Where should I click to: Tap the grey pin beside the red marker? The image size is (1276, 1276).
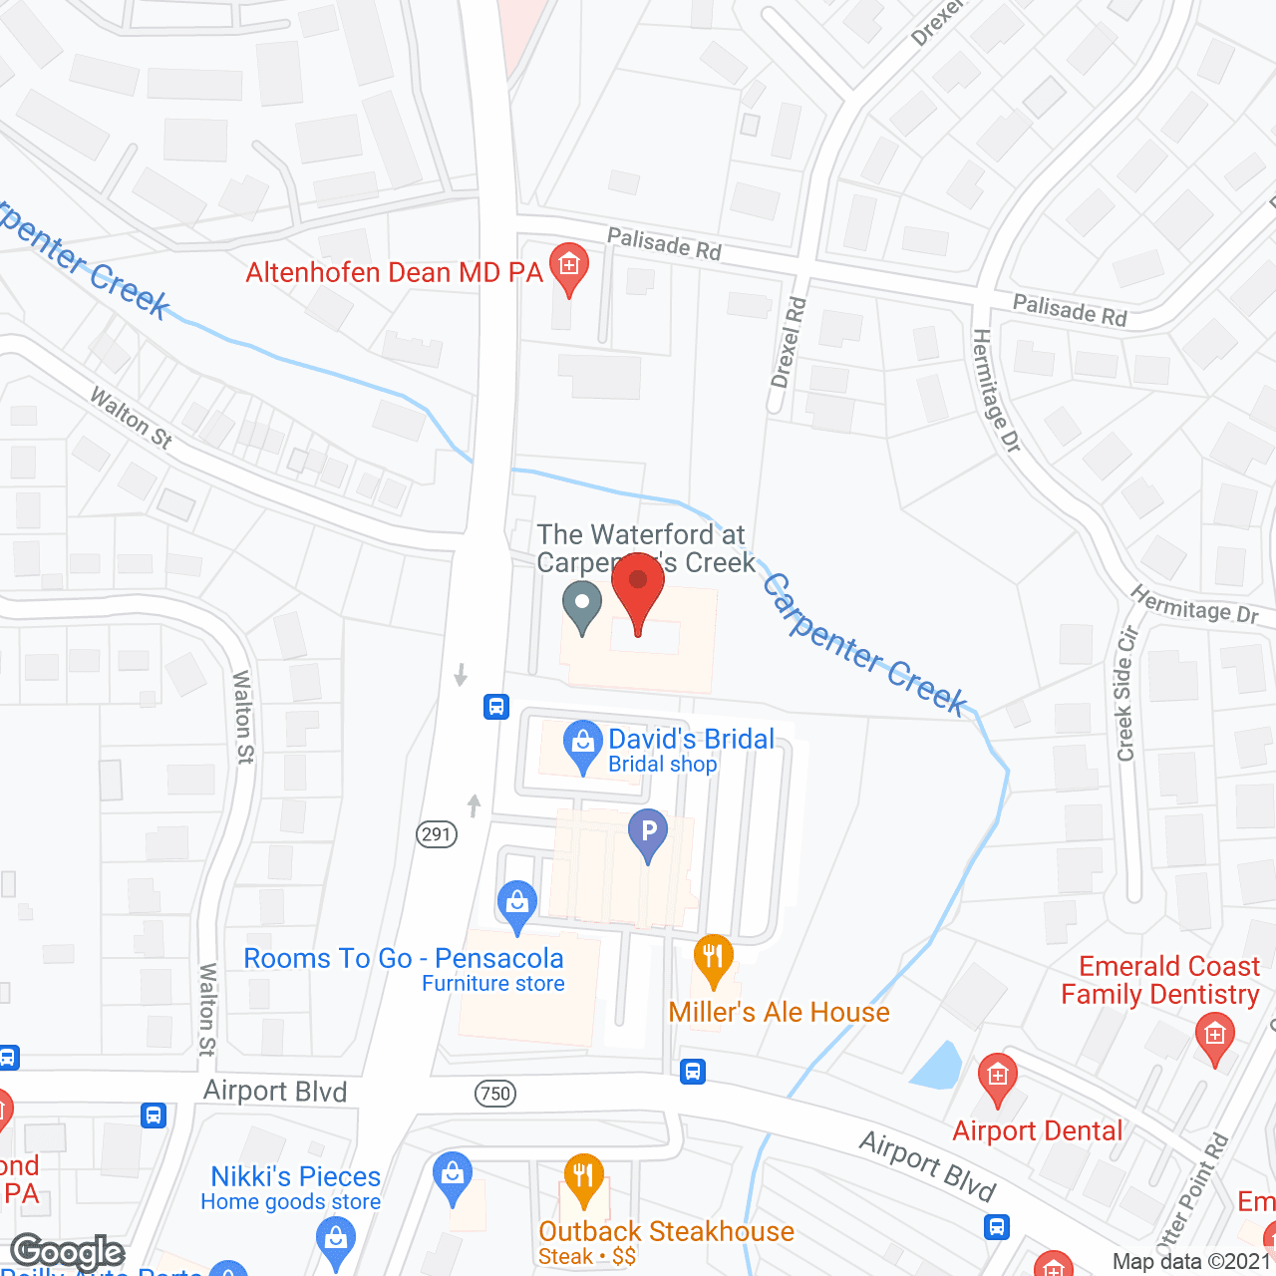pos(582,605)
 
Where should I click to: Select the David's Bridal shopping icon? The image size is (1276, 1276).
pos(582,744)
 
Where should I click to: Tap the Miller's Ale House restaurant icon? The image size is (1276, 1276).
pos(713,959)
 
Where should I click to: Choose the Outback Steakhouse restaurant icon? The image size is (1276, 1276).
pos(584,1177)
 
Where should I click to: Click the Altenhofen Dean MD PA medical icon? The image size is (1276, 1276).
pos(569,266)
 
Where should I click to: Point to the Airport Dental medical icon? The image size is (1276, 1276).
pos(997,1077)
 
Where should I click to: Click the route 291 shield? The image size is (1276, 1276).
pos(437,834)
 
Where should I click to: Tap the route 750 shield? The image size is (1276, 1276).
pos(495,1094)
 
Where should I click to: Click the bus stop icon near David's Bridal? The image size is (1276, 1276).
pos(496,707)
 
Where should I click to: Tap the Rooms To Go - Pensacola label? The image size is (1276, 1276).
pos(404,959)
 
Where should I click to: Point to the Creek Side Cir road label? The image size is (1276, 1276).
pos(1126,694)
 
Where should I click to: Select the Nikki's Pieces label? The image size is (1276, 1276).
pos(296,1177)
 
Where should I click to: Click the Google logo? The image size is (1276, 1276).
pos(68,1252)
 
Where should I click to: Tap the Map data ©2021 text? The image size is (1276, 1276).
pos(1191,1262)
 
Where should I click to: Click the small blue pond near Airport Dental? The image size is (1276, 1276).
pos(936,1067)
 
